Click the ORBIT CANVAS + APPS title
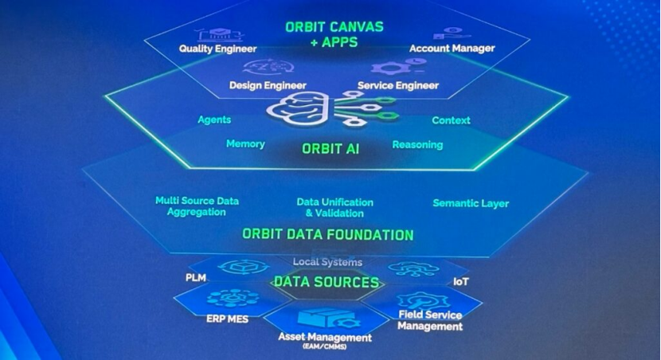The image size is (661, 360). coord(334,34)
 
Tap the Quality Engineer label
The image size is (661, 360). coord(217,49)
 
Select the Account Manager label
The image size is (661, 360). coord(452,49)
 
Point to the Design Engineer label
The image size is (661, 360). coord(268,85)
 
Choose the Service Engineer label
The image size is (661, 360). coord(398,85)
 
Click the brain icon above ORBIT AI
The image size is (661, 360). coord(300,108)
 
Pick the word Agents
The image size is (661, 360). coord(214,119)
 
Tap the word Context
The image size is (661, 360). coord(451,120)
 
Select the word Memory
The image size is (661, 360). coord(245,144)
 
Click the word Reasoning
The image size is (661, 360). coord(417,145)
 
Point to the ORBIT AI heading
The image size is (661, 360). coord(330,149)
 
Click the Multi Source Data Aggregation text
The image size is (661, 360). coord(197,206)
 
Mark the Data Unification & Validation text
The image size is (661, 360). coord(334,208)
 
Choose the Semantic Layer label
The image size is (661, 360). coord(471,204)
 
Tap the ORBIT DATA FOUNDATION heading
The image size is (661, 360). coord(328,234)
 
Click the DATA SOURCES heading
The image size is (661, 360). coord(327,282)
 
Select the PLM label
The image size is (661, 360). coord(196,278)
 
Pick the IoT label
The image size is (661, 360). coord(461,282)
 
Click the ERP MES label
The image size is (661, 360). coord(227,319)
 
